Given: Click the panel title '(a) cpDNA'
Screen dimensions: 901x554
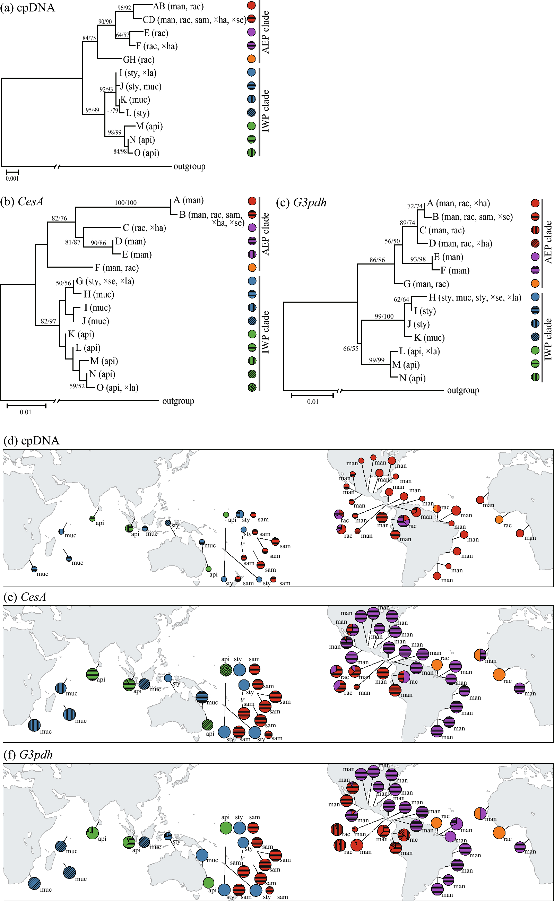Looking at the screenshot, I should tap(28, 7).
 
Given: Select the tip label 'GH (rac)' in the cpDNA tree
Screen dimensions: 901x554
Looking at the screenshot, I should tap(139, 60).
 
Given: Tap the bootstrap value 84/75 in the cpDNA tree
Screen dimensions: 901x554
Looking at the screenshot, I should tap(89, 38).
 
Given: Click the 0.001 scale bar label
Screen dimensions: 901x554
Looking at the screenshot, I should tap(12, 179).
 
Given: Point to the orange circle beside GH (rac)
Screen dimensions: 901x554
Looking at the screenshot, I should tap(251, 59).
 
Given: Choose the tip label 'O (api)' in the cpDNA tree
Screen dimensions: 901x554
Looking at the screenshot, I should tap(146, 153).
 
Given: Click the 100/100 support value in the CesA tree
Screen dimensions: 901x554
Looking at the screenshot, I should tap(126, 202).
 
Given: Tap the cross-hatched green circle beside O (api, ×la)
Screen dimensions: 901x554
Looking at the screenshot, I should tap(252, 387).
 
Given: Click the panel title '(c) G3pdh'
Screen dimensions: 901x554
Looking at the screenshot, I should tap(301, 202).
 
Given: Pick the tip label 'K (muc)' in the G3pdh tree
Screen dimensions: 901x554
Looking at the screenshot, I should tap(429, 338).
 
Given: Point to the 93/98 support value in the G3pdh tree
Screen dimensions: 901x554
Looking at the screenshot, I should tap(418, 259).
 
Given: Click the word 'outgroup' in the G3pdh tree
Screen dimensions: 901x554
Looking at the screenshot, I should tap(463, 391).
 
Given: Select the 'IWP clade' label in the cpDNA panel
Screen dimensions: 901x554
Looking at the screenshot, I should tap(266, 111).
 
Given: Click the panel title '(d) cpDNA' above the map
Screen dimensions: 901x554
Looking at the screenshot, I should tap(31, 440).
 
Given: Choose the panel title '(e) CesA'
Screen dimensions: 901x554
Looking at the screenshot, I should tap(25, 597).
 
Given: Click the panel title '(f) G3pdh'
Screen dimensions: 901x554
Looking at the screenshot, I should tap(28, 755).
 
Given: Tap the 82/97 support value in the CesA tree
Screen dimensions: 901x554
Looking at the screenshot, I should tap(49, 321).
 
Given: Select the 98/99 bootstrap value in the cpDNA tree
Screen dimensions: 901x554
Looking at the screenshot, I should tap(114, 132).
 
